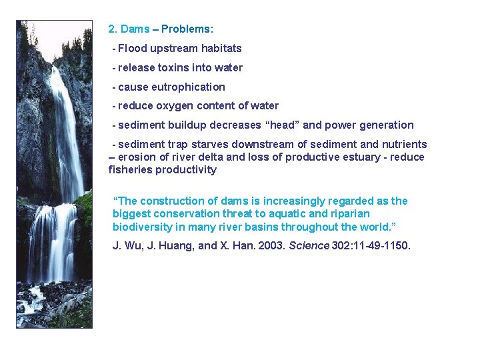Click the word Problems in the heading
185,29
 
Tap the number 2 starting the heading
111,29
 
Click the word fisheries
129,170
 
